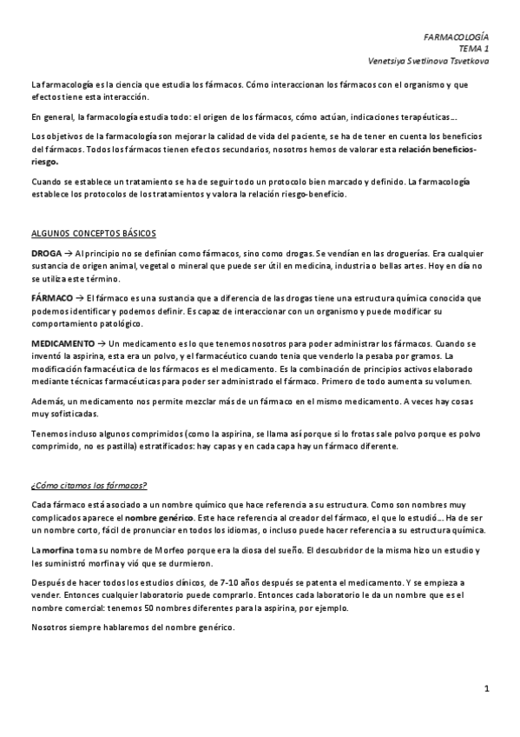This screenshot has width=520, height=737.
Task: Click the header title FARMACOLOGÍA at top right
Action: coord(455,39)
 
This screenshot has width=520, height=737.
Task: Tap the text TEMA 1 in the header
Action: coord(473,50)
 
